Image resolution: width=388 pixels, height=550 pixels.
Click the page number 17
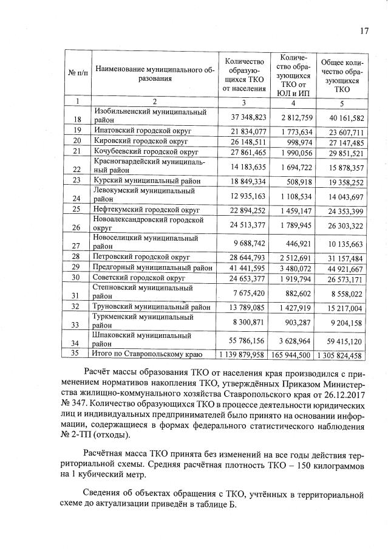tap(365, 31)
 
